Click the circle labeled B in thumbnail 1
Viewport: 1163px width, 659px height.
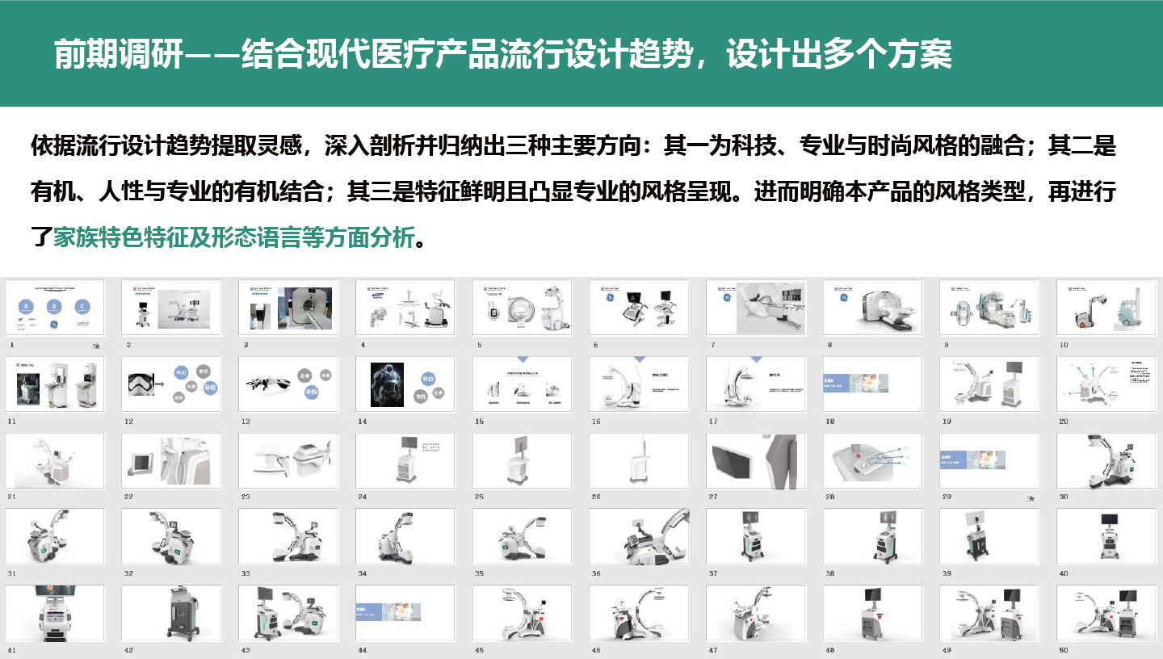pos(54,307)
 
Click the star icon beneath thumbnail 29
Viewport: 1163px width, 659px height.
pos(1031,498)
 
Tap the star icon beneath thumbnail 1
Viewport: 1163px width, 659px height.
pos(96,346)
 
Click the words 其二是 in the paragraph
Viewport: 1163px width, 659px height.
pos(1081,146)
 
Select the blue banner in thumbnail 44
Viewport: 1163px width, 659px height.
pos(387,611)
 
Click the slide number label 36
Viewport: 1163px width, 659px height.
pos(596,573)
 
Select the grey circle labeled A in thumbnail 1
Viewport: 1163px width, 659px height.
pos(27,307)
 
